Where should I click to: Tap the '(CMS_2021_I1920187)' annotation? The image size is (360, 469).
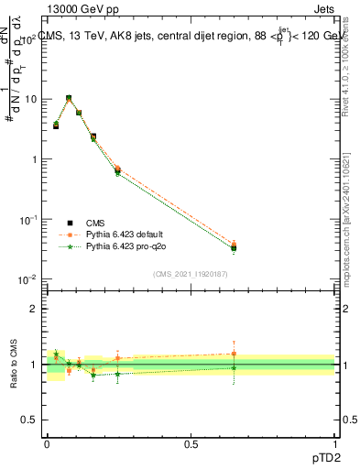(x=191, y=273)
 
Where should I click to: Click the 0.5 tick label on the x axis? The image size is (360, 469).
(x=190, y=442)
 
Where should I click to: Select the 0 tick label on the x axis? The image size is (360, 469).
(x=47, y=442)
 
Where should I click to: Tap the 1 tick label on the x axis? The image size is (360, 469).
(x=334, y=442)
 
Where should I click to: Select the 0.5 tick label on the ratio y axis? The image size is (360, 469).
(x=32, y=420)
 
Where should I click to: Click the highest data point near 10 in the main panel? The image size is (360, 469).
(x=69, y=98)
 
